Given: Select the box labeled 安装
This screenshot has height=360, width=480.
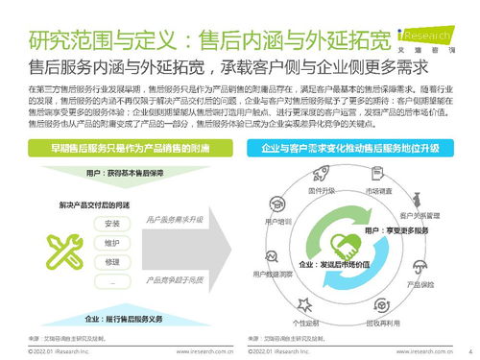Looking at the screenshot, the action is coord(113,223).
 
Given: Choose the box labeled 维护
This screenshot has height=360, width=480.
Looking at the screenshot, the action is coord(113,242).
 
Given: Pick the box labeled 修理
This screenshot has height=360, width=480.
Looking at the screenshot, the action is coord(113,261).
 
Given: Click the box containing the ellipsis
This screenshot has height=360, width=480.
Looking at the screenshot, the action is coord(113,280).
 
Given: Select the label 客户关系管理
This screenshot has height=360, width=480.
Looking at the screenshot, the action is coord(420,216).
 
